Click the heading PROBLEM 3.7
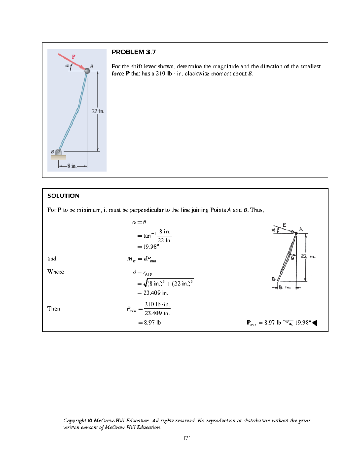click(134, 52)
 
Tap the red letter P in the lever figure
click(73, 57)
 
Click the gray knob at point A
click(87, 71)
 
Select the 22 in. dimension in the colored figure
click(98, 111)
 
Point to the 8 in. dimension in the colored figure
click(72, 166)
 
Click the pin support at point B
click(59, 152)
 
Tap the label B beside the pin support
click(52, 152)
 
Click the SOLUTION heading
click(63, 196)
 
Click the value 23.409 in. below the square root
click(156, 293)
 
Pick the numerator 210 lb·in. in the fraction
click(157, 304)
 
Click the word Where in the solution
click(56, 272)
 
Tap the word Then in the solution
click(54, 308)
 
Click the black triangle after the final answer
click(315, 323)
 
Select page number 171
click(187, 438)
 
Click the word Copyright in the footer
click(75, 420)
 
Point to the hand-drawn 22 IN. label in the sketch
click(308, 257)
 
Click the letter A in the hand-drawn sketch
click(301, 230)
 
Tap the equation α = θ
click(139, 222)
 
